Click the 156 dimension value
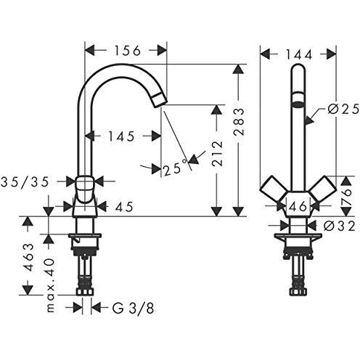pos(127,51)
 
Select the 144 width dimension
pos(299,54)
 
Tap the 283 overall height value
pos(239,122)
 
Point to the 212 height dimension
pos(217,154)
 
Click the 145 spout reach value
pos(121,136)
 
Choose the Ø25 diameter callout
pos(343,110)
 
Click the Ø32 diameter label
pos(339,226)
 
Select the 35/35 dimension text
pos(25,182)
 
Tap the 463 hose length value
pos(29,258)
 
